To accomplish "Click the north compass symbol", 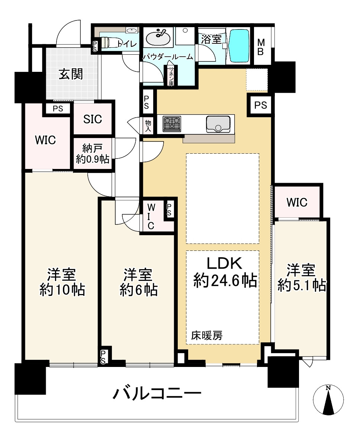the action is pos(328,400).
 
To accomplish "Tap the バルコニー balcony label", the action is pos(157,393).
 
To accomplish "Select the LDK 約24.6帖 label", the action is pos(225,272).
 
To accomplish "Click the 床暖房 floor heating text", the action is pos(207,335).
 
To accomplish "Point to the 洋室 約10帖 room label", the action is pos(62,282).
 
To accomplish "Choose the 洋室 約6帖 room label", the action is pos(139,282).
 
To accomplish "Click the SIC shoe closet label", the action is pos(93,119).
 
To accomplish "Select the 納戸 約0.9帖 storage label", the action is pos(93,154).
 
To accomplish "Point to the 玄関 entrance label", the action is pos(71,74).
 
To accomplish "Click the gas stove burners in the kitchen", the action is pos(172,124).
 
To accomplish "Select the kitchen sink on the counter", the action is pos(218,124).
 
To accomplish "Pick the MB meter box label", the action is pos(261,47).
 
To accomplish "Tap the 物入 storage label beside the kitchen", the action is pos(148,126).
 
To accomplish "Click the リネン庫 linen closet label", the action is pos(171,76).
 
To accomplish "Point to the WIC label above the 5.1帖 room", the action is pos(297,202).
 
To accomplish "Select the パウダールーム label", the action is pos(168,57).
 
